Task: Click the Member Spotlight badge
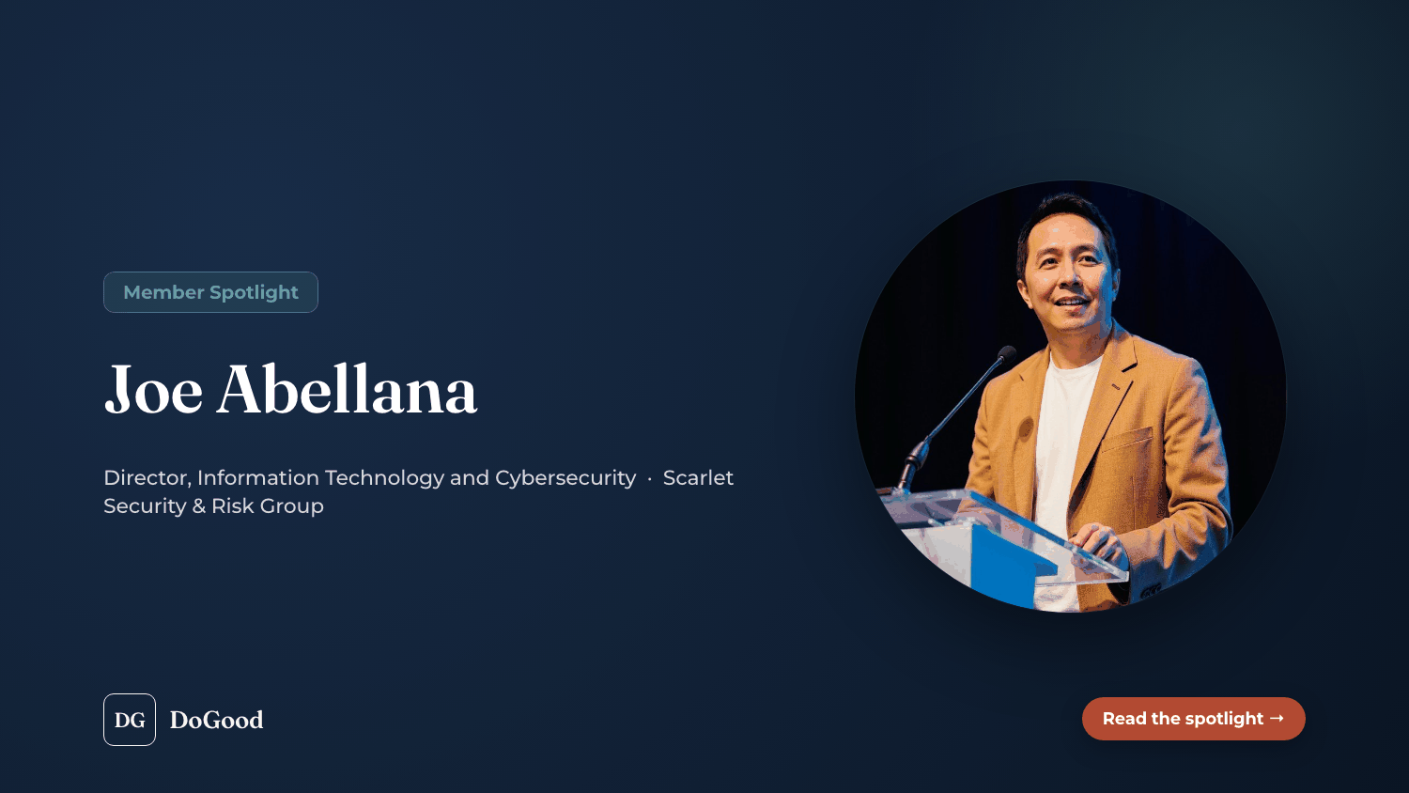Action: pos(210,292)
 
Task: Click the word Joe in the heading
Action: pos(153,390)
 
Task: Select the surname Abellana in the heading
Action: pos(347,389)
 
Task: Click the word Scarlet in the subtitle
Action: pos(698,477)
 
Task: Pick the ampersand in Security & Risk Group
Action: pos(199,506)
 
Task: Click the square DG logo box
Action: pos(130,720)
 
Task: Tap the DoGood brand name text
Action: pos(216,720)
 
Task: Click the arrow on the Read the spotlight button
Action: pos(1277,718)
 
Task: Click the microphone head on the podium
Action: pos(1006,353)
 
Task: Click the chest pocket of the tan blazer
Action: pos(1129,441)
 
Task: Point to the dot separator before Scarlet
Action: pos(650,479)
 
